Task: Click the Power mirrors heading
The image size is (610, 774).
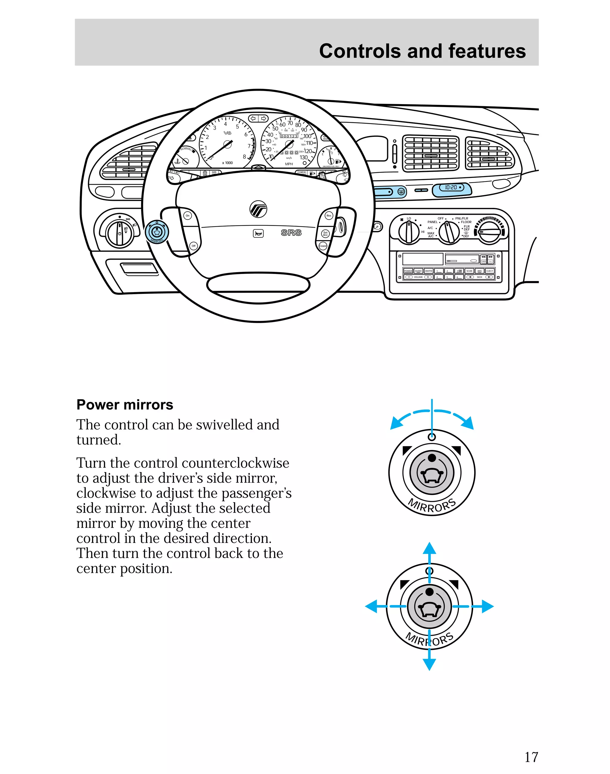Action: (125, 405)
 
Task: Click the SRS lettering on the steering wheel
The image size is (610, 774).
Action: (291, 233)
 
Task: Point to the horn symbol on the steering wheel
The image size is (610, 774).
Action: (258, 234)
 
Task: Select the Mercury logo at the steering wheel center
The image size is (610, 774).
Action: (258, 209)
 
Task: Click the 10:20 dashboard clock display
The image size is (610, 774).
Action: (452, 187)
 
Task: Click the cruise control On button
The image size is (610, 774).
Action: (188, 215)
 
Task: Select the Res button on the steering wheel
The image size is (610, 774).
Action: (329, 215)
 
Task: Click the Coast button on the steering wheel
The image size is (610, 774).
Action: (323, 246)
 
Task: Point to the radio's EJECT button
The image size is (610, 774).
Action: (490, 271)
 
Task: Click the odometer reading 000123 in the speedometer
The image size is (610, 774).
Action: (289, 136)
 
